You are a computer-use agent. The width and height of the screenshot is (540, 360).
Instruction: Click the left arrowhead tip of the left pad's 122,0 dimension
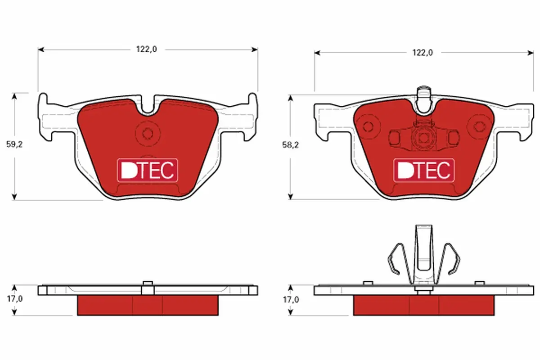pyautogui.click(x=38, y=49)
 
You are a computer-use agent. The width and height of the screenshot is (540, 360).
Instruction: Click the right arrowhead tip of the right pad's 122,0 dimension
pyautogui.click(x=534, y=53)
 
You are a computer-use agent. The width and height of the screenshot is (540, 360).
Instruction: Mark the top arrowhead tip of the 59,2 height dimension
pyautogui.click(x=14, y=93)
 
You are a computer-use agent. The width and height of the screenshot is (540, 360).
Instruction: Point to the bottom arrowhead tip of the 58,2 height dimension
pyautogui.click(x=291, y=200)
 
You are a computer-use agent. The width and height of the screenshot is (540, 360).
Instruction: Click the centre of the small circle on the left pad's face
pyautogui.click(x=148, y=134)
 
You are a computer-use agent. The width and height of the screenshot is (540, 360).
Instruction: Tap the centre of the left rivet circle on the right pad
pyautogui.click(x=368, y=126)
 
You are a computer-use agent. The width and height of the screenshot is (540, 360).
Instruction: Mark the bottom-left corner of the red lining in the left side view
pyautogui.click(x=77, y=315)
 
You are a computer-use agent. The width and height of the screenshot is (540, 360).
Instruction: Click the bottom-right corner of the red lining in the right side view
pyautogui.click(x=495, y=315)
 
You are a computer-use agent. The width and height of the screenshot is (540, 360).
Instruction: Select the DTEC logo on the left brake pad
pyautogui.click(x=148, y=170)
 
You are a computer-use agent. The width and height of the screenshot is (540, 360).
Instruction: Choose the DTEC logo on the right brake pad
pyautogui.click(x=424, y=170)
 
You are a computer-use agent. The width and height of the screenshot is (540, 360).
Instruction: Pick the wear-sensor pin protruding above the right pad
pyautogui.click(x=424, y=99)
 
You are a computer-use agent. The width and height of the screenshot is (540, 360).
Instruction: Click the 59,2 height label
pyautogui.click(x=14, y=144)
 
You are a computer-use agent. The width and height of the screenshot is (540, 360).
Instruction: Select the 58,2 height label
pyautogui.click(x=291, y=145)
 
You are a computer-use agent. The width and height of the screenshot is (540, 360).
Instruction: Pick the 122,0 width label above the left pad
pyautogui.click(x=147, y=49)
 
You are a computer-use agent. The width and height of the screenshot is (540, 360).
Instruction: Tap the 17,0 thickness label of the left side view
pyautogui.click(x=15, y=299)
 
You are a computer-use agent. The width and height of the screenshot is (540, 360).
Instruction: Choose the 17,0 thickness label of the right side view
pyautogui.click(x=291, y=300)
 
